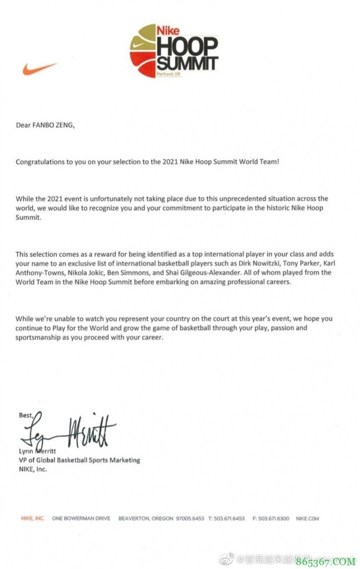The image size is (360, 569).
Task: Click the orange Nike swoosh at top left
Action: tap(40, 69)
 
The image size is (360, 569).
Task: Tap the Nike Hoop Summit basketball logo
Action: tap(173, 51)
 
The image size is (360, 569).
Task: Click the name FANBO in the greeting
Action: tap(45, 126)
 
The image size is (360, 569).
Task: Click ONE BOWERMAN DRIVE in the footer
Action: tap(81, 519)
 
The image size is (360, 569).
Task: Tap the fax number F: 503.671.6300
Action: tap(274, 519)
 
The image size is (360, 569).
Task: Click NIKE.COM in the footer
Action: tap(308, 519)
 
